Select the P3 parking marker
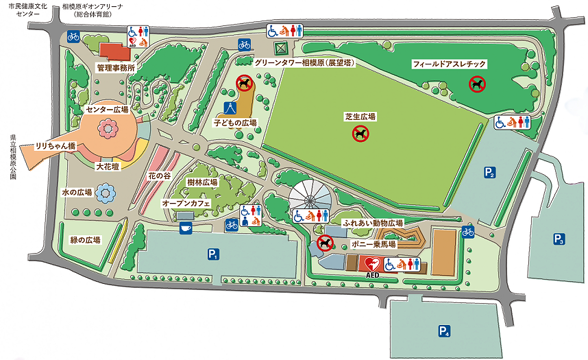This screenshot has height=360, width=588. click(559, 239)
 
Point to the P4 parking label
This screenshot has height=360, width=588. click(445, 332)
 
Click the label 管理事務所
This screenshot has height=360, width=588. click(115, 68)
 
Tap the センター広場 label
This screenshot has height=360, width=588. click(108, 109)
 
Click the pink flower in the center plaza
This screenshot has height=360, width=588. click(108, 128)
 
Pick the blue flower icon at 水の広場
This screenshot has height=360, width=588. click(105, 193)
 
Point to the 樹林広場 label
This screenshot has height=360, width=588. click(202, 182)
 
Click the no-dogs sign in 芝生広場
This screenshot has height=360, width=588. click(360, 134)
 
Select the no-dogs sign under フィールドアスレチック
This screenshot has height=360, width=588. click(477, 84)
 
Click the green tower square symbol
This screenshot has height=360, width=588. click(279, 49)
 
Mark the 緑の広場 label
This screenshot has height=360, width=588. click(86, 240)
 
